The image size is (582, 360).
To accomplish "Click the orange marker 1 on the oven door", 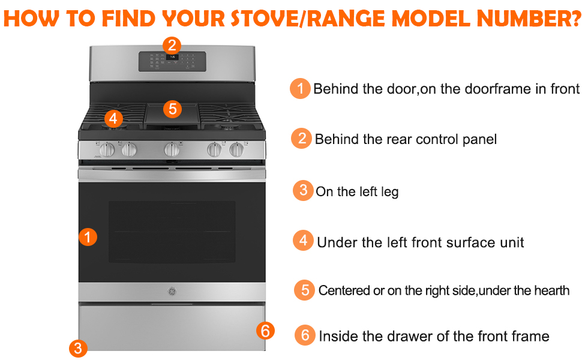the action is [88, 237].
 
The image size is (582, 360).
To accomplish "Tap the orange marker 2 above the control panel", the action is [172, 46].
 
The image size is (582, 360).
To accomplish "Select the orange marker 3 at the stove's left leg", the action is [78, 349].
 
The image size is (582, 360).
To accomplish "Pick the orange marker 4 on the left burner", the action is [113, 118].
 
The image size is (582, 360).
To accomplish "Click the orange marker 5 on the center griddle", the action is [172, 109].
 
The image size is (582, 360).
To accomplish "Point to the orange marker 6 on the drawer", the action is [265, 331].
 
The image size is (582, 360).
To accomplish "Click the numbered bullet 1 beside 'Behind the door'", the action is [300, 88].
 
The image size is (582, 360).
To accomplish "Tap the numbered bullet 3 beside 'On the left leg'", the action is [304, 190].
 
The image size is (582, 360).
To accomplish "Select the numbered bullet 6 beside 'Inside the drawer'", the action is [305, 335].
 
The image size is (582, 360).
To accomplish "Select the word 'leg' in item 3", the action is [390, 192].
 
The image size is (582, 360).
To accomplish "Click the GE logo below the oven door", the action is [172, 292].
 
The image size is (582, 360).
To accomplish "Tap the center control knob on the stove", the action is [172, 149].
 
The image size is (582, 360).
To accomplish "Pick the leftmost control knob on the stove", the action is [107, 149].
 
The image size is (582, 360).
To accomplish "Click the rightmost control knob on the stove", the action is [236, 149].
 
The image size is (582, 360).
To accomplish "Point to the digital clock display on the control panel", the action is [172, 57].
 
